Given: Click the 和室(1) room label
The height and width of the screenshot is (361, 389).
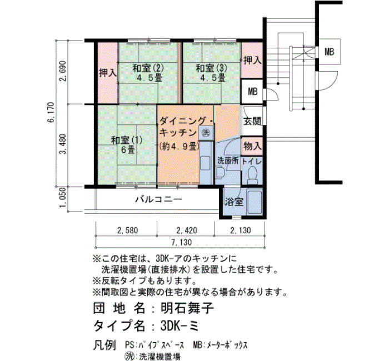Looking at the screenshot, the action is [x=127, y=141].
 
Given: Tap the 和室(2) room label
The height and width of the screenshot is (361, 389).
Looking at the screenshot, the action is [x=148, y=68].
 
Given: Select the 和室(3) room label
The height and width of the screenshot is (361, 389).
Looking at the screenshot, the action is [x=211, y=68].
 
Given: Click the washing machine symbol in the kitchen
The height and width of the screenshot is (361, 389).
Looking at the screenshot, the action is [x=206, y=132].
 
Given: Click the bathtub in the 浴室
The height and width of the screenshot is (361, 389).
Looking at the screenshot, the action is [x=255, y=203].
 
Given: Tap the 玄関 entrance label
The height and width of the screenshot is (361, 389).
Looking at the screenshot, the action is [x=252, y=121].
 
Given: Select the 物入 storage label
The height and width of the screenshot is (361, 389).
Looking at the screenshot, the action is [x=252, y=146].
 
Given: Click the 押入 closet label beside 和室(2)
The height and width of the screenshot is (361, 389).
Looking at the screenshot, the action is [x=108, y=73].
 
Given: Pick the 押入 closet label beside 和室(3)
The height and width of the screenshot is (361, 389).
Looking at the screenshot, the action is [x=252, y=60].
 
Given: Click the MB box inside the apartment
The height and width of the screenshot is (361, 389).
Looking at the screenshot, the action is [x=253, y=92].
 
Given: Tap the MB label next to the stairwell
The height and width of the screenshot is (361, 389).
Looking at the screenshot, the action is [x=329, y=52].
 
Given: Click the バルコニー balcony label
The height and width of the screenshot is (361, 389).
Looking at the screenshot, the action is [x=159, y=199].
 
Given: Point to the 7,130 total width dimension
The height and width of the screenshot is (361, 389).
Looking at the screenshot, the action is [x=181, y=242].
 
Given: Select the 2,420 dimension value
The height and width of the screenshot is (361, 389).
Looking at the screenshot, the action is [x=187, y=230].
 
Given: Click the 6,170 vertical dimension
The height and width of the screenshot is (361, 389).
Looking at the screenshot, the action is [x=52, y=112].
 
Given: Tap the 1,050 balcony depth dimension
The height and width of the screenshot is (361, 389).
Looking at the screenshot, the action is [x=63, y=198].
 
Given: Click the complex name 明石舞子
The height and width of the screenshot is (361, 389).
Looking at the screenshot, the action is [x=187, y=308].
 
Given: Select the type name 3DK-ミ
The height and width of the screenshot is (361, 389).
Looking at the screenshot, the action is [x=179, y=325].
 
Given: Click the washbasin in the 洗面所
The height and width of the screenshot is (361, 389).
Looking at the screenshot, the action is [x=219, y=173].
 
